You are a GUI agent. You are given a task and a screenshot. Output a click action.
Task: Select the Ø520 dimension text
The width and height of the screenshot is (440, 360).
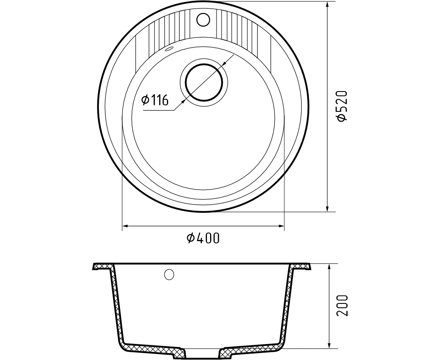[343, 106]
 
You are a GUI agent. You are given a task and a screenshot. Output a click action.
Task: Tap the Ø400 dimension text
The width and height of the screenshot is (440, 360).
[203, 238]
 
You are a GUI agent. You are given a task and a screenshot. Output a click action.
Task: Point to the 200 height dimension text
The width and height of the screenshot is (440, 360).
[343, 306]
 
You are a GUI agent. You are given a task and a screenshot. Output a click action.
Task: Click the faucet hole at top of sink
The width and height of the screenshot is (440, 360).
[203, 19]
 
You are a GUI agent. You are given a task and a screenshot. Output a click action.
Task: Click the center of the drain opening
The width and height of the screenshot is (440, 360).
[204, 82]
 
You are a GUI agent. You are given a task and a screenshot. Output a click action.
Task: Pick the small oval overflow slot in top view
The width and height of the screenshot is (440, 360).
[169, 49]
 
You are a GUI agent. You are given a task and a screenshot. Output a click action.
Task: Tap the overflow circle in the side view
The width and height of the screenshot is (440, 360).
[169, 275]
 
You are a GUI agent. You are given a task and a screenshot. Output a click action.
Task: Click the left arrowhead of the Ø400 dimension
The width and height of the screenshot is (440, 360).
[126, 226]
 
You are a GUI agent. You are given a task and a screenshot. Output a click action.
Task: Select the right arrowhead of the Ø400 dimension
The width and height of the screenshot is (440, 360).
[281, 226]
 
